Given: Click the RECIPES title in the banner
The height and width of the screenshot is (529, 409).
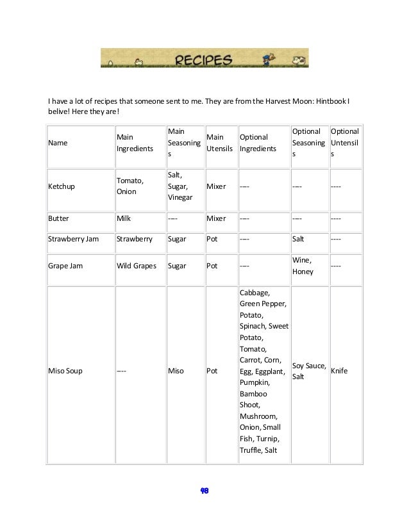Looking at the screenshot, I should pos(203,60).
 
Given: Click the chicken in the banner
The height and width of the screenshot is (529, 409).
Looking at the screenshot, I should pos(138,62).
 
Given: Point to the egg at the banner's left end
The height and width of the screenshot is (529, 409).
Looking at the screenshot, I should pos(110,63).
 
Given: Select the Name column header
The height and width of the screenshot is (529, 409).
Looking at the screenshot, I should pos(58,143).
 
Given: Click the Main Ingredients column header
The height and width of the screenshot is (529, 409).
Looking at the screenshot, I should pos(134,143).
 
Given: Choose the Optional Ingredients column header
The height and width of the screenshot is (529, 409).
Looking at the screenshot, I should pos(258,143).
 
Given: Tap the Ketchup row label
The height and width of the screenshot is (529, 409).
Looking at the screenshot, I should pos(62,186).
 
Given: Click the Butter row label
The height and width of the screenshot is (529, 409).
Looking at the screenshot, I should pos(59,218).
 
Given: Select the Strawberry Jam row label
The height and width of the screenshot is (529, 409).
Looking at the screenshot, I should pos(74,239).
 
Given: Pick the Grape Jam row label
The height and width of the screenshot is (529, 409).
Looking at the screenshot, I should pos(65,265).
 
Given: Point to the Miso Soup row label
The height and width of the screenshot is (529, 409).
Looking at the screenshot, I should pos(65,371).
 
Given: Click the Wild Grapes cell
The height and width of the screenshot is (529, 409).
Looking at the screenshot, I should pos(137,265).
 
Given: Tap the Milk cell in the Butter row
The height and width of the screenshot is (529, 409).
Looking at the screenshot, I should pos(124,218).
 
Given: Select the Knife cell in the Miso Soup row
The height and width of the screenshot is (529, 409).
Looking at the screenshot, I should pos(339,371).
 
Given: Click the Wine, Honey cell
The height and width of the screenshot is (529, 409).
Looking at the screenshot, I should pos(303,266).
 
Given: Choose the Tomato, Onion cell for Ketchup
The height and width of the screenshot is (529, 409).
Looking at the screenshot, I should pos(130,186).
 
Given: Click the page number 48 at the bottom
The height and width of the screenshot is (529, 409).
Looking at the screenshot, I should pos(204,491).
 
